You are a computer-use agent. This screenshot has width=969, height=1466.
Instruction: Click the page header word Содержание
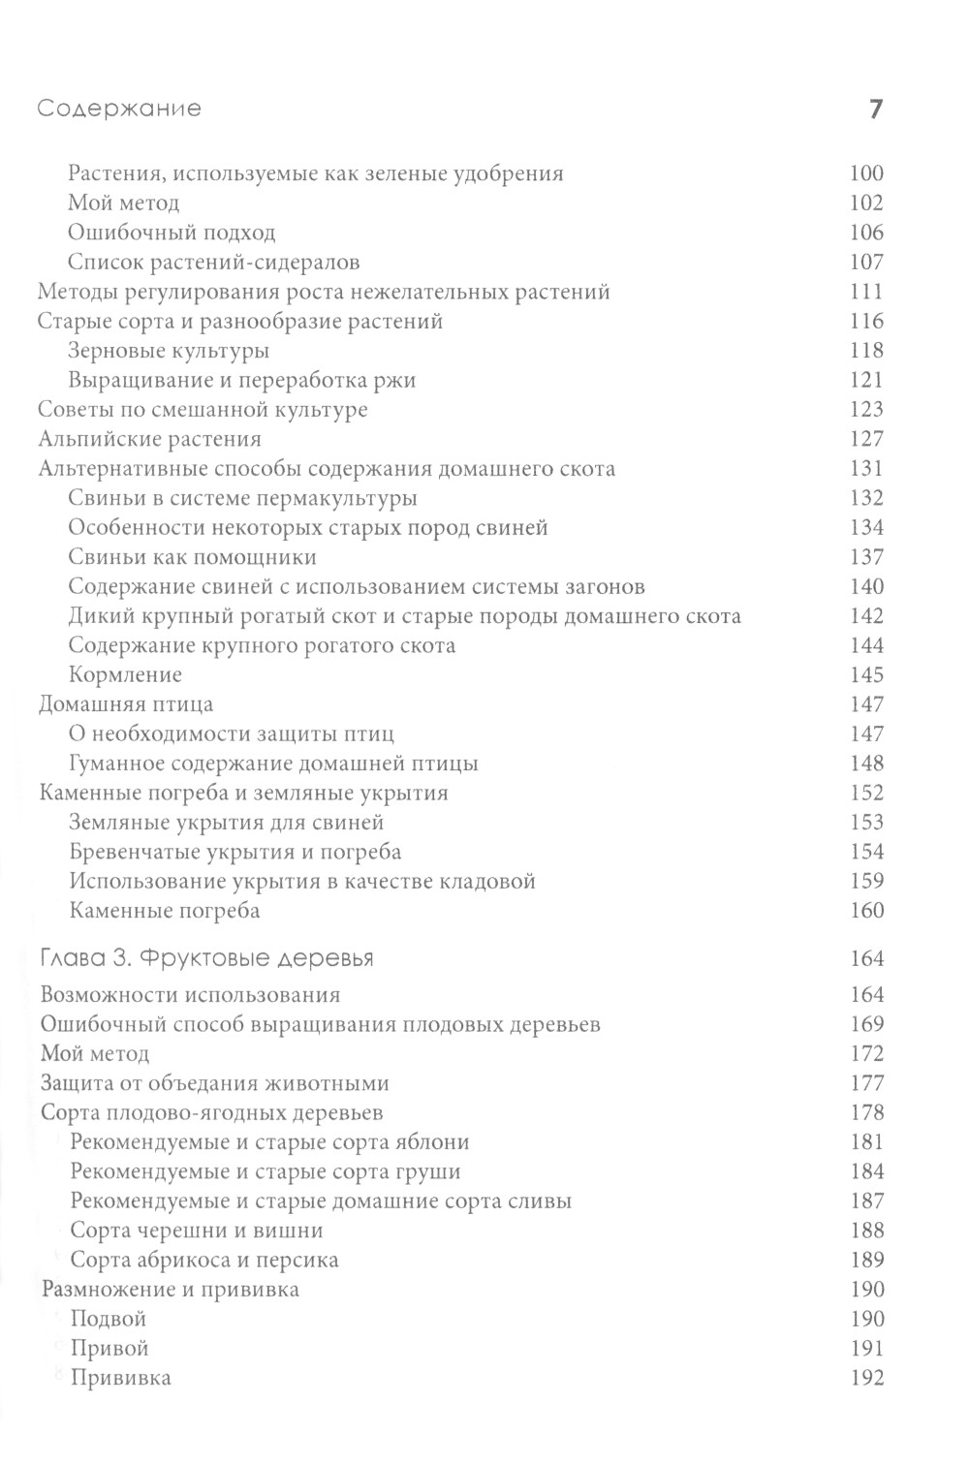tap(119, 109)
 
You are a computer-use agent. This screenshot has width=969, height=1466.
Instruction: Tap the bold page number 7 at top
tap(875, 109)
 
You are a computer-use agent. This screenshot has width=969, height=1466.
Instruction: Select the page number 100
tap(865, 173)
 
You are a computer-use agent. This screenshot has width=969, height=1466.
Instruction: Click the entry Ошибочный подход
tap(172, 233)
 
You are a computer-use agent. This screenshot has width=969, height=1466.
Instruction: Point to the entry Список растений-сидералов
tap(214, 262)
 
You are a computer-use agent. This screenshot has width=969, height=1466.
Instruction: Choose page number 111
tap(865, 292)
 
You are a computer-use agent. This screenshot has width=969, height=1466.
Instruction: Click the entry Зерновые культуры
tap(169, 351)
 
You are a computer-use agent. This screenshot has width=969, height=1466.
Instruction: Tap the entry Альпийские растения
tap(149, 439)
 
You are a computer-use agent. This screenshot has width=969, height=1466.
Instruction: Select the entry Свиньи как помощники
tap(193, 557)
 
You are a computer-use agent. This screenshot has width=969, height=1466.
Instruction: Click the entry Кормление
tap(125, 675)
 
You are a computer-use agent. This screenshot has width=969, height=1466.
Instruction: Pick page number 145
tap(865, 675)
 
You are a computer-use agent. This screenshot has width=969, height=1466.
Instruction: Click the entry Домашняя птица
tap(125, 704)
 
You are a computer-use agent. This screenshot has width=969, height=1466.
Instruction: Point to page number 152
tap(865, 793)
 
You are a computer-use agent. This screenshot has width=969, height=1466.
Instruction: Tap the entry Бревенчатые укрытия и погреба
tap(235, 852)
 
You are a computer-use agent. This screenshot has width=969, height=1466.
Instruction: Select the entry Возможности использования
tap(190, 995)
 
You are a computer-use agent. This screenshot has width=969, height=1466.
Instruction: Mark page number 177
tap(865, 1083)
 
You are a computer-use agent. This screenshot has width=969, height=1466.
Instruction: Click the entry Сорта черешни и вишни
tap(197, 1231)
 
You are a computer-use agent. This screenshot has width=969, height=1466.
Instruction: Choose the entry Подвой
tap(109, 1319)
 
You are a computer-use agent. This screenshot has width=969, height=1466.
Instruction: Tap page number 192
tap(865, 1378)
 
